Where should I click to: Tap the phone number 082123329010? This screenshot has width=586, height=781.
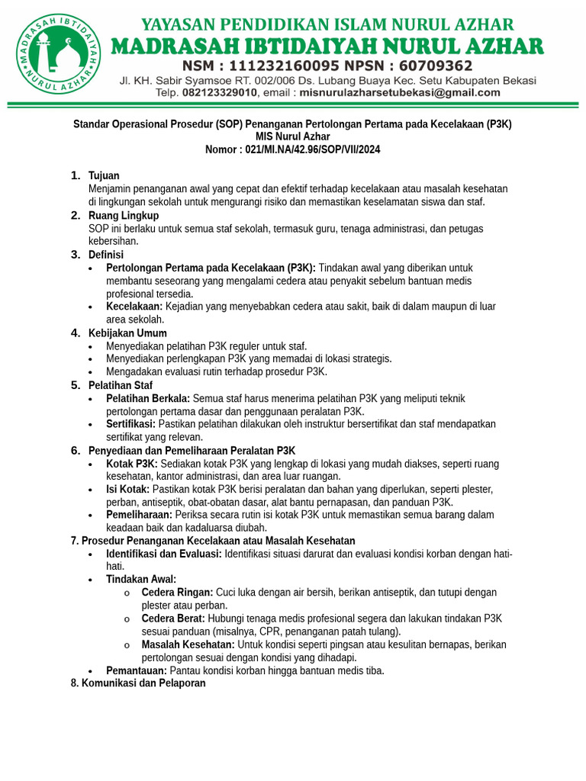tap(219, 93)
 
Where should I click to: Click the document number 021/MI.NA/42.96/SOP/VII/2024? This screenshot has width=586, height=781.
tap(313, 149)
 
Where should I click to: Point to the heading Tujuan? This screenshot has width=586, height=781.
tap(104, 176)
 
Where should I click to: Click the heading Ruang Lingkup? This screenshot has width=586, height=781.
tap(124, 216)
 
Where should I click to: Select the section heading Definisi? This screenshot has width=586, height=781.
tap(106, 255)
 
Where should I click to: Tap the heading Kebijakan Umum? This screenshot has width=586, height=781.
tap(127, 333)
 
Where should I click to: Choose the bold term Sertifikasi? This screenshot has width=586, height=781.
tap(131, 424)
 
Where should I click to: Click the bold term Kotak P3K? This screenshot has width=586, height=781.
tap(132, 464)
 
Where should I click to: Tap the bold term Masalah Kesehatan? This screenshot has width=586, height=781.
tap(187, 644)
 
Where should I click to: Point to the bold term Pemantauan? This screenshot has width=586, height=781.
tap(137, 671)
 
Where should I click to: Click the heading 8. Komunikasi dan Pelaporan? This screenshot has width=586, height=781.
tap(138, 683)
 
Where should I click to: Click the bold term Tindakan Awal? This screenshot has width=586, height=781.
tap(141, 579)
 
